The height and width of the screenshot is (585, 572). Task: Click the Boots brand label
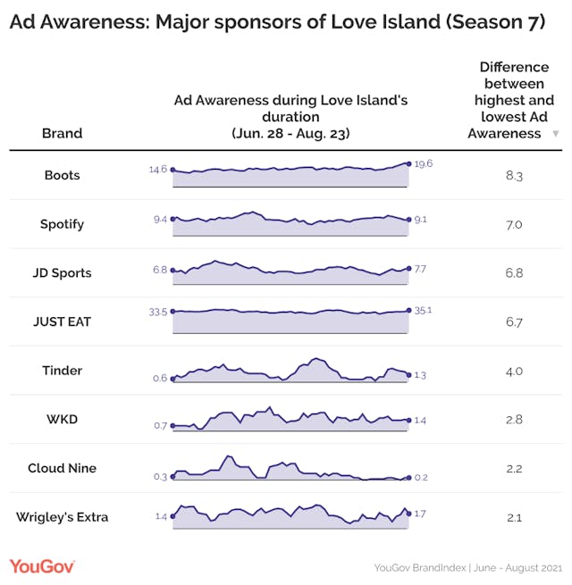click(x=62, y=175)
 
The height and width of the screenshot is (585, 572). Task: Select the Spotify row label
click(x=62, y=224)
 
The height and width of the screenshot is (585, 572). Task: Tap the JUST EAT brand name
click(x=62, y=322)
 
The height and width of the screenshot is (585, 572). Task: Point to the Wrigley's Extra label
click(x=62, y=517)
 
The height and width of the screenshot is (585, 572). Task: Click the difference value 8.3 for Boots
click(x=514, y=176)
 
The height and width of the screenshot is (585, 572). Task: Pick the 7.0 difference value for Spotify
click(x=514, y=225)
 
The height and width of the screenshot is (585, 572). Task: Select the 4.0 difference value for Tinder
click(x=514, y=371)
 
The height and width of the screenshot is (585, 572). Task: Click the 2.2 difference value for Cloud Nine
click(x=514, y=469)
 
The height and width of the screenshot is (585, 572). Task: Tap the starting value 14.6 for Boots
click(x=158, y=169)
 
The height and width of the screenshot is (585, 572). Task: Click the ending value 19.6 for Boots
click(x=424, y=163)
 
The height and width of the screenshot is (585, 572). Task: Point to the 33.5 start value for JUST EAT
click(x=158, y=311)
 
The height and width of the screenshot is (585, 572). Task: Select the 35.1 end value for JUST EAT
click(x=424, y=311)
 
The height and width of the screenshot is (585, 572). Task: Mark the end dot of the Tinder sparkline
click(x=408, y=375)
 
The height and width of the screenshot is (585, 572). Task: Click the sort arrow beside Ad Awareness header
click(x=556, y=134)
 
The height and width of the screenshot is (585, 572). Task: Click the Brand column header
click(x=62, y=133)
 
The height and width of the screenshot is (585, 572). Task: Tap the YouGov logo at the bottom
click(x=42, y=565)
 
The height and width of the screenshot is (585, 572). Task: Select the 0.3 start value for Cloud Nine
click(x=160, y=476)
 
